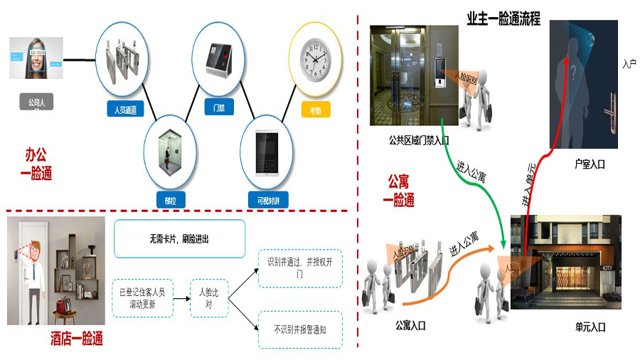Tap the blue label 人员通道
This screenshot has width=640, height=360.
click(x=125, y=110)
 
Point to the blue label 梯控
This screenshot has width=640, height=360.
click(x=170, y=200)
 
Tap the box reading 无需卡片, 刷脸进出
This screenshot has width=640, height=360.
click(x=179, y=239)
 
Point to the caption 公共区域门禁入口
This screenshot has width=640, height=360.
click(x=420, y=140)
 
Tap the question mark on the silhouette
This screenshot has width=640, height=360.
click(x=572, y=72)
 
